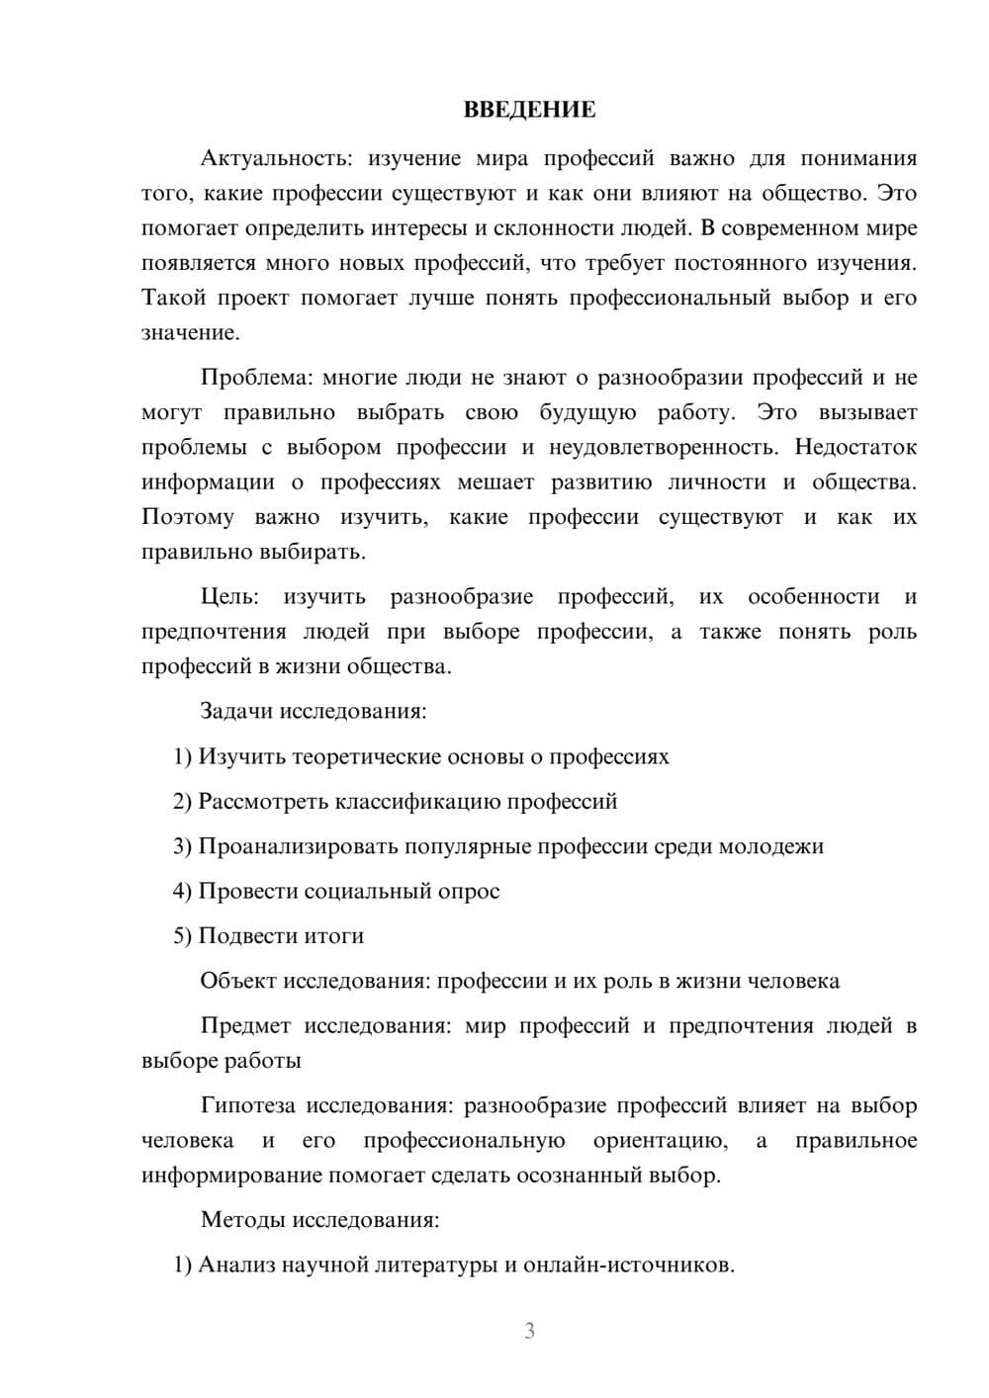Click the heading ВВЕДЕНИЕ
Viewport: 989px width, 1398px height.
(x=529, y=110)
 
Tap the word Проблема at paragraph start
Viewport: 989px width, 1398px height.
(x=255, y=378)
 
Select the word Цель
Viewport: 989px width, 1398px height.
(x=229, y=596)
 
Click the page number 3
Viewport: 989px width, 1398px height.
(x=529, y=1331)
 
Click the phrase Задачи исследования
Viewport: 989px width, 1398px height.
(x=313, y=711)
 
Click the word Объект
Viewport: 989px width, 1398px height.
(x=238, y=981)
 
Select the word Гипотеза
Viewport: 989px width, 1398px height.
(x=248, y=1105)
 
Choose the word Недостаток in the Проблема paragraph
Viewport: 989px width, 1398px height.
(x=855, y=447)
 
